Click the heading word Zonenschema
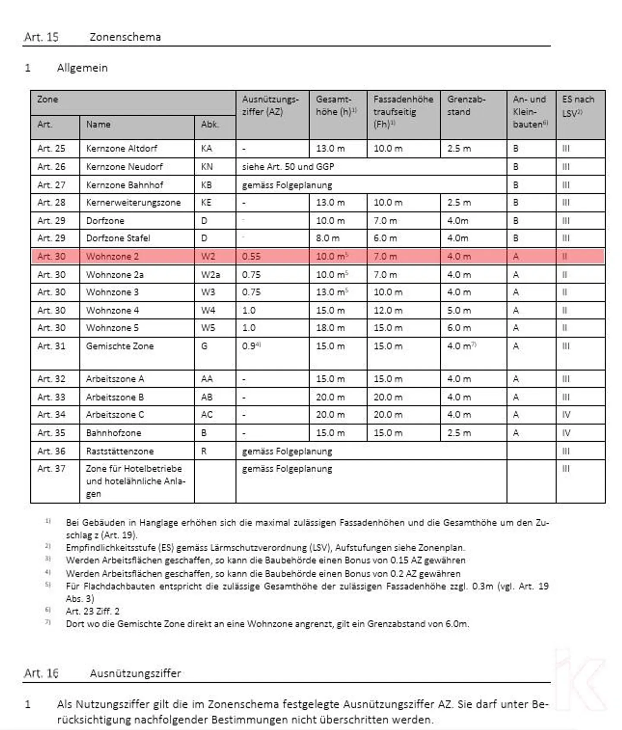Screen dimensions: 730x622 [125, 37]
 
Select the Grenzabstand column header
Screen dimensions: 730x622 [466, 106]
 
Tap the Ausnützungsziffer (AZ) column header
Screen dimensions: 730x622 [270, 106]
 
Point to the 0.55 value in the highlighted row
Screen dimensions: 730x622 [251, 257]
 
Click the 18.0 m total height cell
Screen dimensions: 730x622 [330, 328]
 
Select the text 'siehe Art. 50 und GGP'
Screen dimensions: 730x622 [288, 167]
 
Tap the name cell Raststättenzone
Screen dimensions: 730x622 [120, 451]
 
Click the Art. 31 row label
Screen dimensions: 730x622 [51, 346]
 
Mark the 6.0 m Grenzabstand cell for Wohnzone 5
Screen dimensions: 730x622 [459, 328]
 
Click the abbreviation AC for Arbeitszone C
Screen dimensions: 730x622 [206, 415]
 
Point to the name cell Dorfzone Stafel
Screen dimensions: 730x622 [118, 238]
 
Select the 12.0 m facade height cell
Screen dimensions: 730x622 [387, 310]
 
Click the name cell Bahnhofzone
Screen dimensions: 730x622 [113, 433]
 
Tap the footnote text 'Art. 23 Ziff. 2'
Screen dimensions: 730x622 [92, 611]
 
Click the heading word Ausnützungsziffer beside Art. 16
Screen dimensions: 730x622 [135, 673]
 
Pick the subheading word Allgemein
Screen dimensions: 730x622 [82, 68]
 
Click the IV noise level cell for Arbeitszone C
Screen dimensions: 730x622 [566, 415]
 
